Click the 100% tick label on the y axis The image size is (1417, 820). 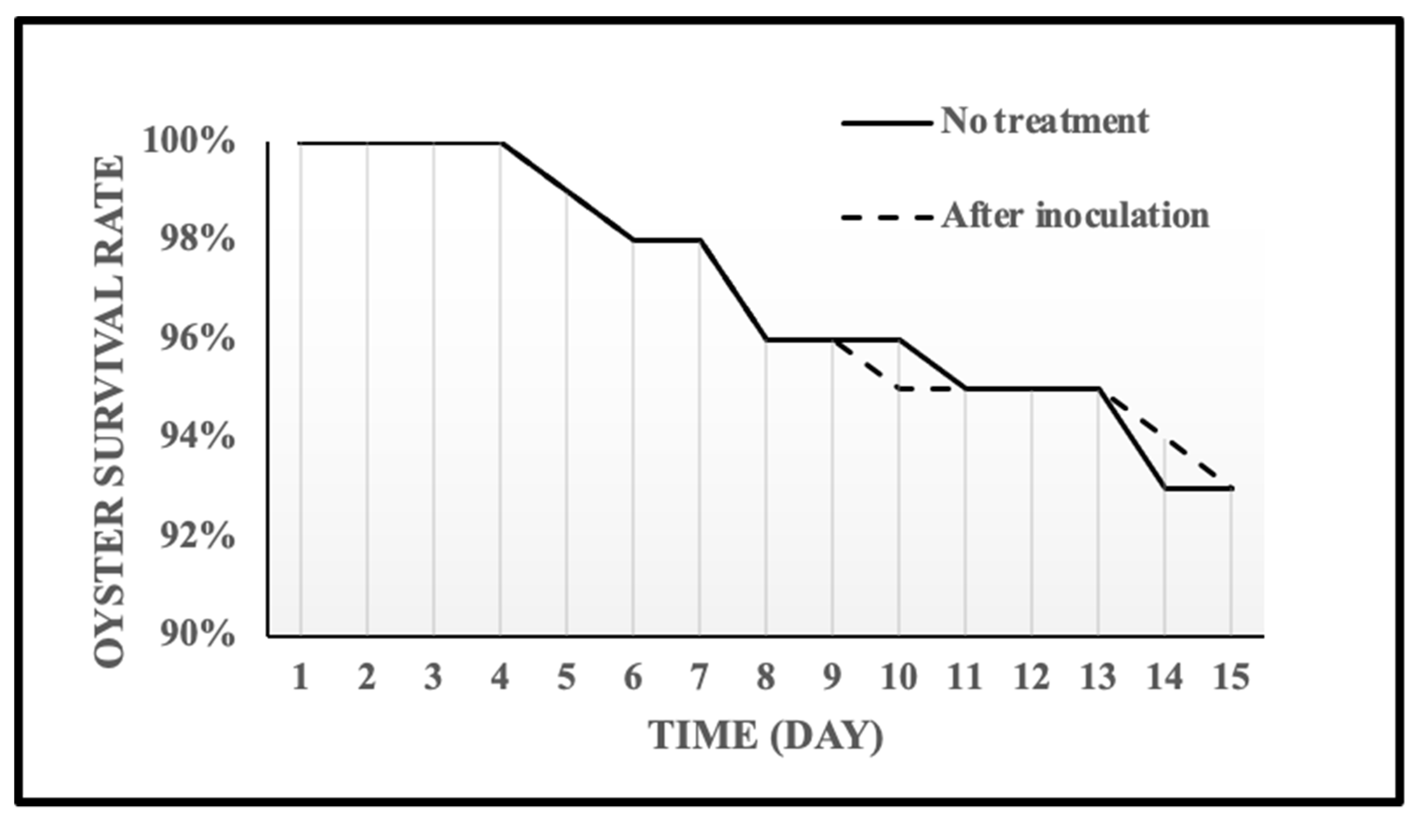(188, 141)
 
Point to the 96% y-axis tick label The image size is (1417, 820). (197, 339)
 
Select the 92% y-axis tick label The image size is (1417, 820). (197, 537)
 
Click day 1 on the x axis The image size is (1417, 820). (300, 676)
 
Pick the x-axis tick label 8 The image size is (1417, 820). (766, 676)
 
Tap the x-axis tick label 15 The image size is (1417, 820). (1232, 676)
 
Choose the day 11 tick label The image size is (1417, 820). (965, 676)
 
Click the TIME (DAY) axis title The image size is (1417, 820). (766, 735)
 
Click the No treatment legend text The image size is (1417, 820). (1045, 121)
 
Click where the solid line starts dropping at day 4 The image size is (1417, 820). (501, 144)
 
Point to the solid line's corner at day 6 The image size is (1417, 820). (633, 240)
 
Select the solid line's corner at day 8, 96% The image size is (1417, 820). (766, 339)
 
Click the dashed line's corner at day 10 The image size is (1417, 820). (899, 389)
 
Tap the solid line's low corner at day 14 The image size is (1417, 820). (1165, 488)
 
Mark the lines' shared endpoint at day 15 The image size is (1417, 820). (1232, 488)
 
